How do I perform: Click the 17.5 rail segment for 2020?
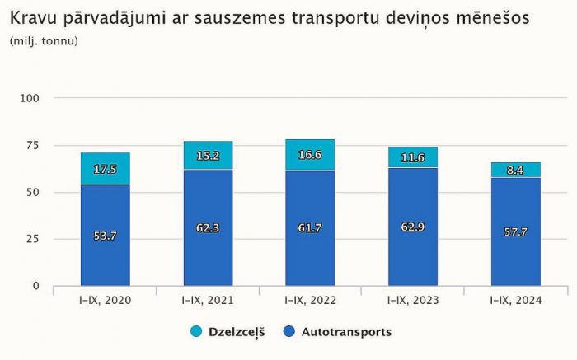coord(105,169)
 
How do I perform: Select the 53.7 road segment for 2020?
coord(105,236)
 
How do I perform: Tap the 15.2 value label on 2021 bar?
coord(208,156)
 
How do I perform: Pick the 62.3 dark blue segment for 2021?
coord(208,228)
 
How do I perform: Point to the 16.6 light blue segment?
coord(311,155)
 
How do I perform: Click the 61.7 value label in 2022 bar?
coord(311,228)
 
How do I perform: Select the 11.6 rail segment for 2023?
coord(413,157)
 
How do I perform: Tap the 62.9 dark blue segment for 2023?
coord(413,227)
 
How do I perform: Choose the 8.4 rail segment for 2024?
coord(516,170)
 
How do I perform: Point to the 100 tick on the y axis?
coord(30,98)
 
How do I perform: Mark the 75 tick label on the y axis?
coord(33,145)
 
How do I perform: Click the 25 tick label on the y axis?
coord(33,239)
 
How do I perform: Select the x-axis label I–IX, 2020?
coord(105,302)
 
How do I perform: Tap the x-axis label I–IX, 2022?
coord(311,302)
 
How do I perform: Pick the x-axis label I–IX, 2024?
coord(516,302)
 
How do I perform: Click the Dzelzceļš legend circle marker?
coord(195,332)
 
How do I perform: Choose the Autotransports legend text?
coord(346,332)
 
